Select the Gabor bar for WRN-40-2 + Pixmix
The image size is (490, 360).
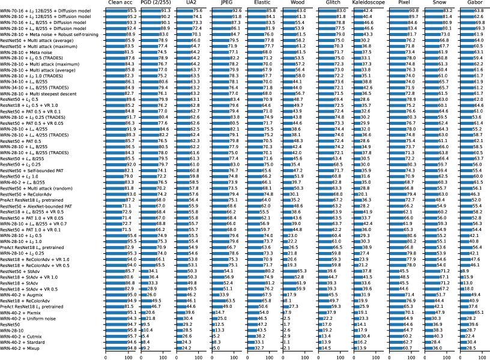(465, 312)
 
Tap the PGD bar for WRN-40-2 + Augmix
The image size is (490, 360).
(145, 295)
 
